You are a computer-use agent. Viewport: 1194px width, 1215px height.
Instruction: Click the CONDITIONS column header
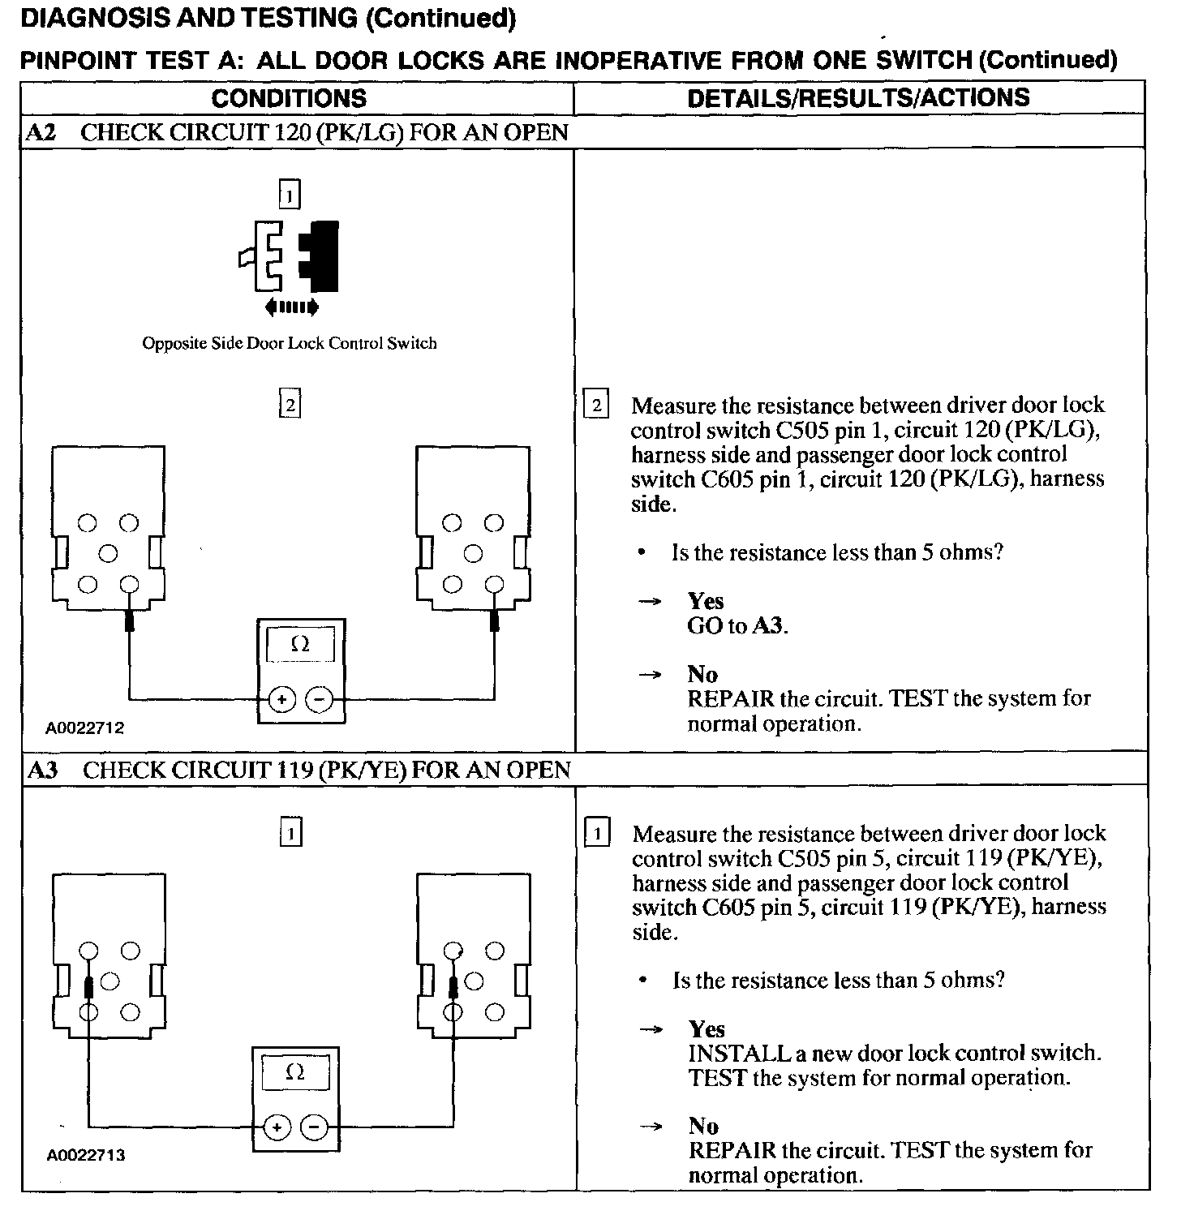point(289,98)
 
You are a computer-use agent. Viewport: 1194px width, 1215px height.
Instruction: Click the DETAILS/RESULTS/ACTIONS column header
point(858,97)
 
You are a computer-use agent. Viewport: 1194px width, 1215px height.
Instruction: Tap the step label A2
point(42,132)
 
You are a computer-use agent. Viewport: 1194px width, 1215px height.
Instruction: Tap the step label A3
point(44,770)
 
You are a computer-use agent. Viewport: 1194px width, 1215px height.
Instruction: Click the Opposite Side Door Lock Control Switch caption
point(290,343)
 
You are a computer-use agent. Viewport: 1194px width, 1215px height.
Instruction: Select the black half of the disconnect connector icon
point(322,255)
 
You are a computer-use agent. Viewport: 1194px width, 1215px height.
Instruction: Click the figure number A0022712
point(85,728)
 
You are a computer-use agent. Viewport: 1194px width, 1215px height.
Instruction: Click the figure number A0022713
point(86,1154)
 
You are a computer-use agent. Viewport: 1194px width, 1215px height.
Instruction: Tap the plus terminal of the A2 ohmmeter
point(281,699)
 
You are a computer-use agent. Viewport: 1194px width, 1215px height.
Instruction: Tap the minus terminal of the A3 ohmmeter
point(315,1127)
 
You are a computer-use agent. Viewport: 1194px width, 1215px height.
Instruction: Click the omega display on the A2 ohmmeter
point(300,645)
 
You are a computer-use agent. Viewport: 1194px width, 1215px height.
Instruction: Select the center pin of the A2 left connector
point(108,553)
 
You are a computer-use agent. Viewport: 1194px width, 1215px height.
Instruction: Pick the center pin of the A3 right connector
point(474,981)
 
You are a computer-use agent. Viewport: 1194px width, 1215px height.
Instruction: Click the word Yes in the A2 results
point(706,601)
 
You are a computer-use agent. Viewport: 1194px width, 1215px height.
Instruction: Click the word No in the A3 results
point(703,1126)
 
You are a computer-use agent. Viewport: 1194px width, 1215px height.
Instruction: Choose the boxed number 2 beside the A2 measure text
point(596,405)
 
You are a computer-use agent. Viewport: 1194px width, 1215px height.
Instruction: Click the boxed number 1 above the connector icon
point(290,195)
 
